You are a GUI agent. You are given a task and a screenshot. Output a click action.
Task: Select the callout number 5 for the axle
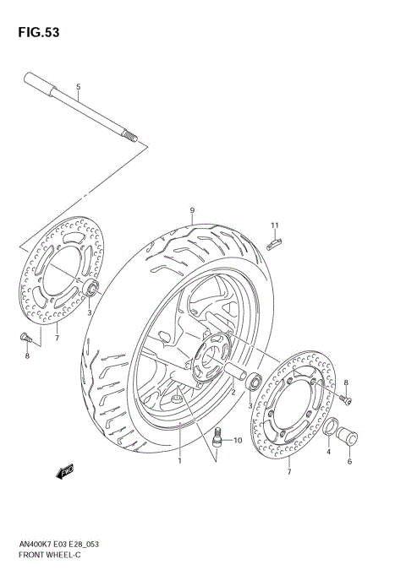(x=78, y=88)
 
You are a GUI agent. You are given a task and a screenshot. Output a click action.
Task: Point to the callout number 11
(x=275, y=225)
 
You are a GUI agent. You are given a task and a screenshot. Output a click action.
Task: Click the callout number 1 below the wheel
(x=179, y=461)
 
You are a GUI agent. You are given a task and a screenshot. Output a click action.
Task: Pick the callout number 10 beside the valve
(x=238, y=440)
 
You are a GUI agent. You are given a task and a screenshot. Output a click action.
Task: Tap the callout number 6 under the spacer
(x=349, y=461)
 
